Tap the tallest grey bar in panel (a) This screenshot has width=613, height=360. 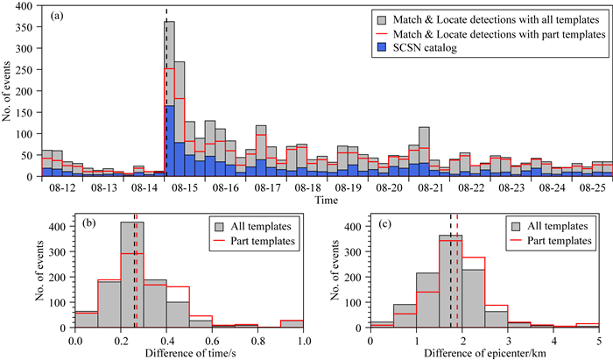(x=170, y=96)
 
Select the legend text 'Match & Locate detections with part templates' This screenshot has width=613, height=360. (x=497, y=33)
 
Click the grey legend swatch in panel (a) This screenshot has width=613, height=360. (x=380, y=18)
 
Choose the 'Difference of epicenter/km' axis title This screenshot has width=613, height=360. (x=484, y=353)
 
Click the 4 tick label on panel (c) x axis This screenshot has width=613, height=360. (x=553, y=340)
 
